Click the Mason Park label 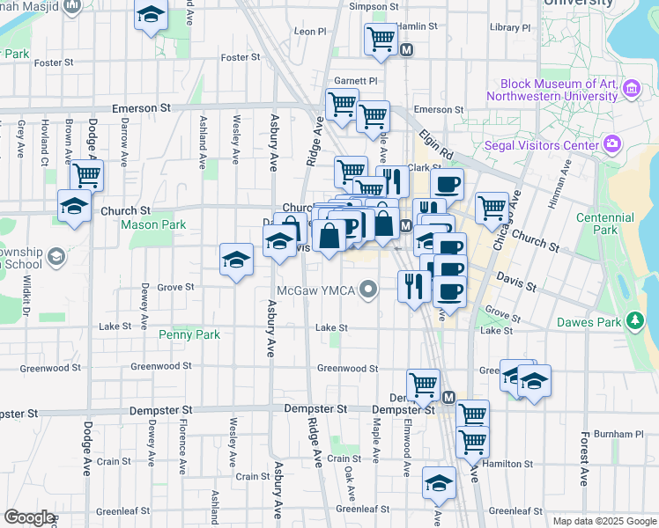coord(153,225)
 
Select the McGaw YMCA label coord(315,290)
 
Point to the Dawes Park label coord(589,322)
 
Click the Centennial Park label coord(606,224)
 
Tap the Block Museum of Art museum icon coord(630,89)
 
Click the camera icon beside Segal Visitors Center coord(611,143)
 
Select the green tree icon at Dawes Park coord(633,321)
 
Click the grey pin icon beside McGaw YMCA coord(371,289)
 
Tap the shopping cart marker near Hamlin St coord(381,38)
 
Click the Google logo coord(29,517)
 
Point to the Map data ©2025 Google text coord(603,521)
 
